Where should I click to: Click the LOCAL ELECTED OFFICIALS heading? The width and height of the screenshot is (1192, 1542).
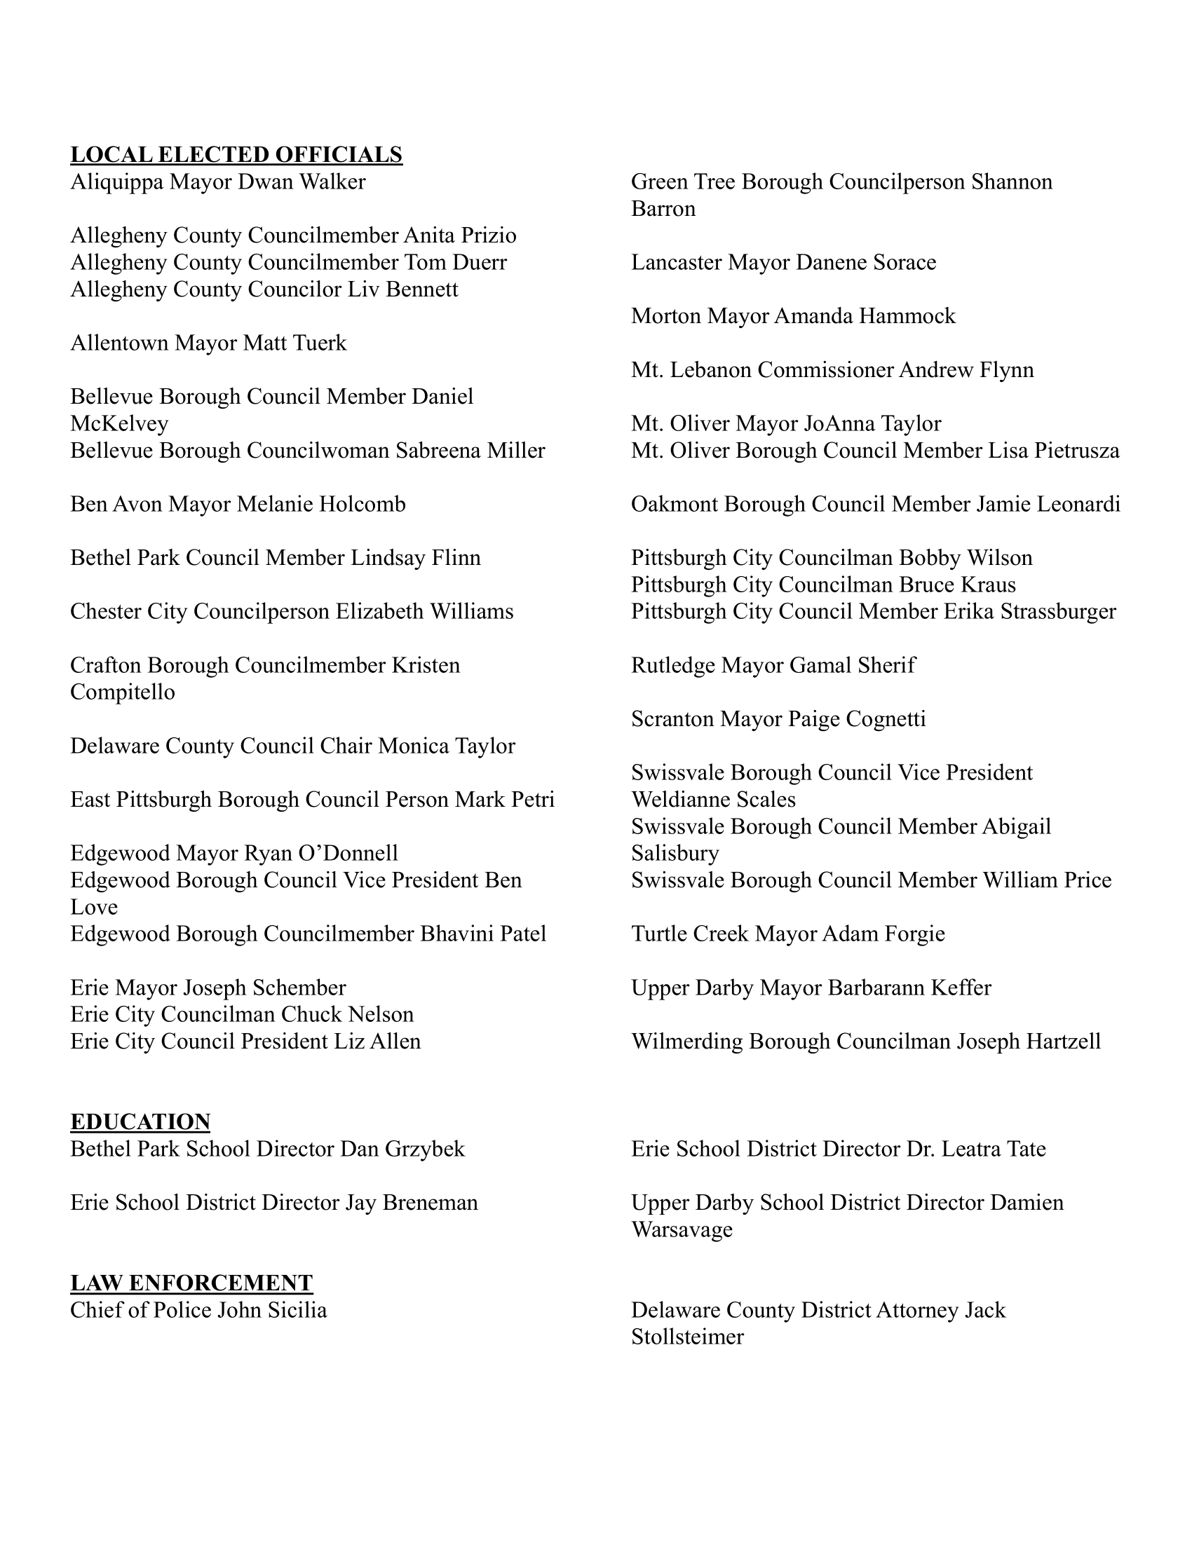click(x=236, y=155)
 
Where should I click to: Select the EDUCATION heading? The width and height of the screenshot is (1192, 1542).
click(x=140, y=1122)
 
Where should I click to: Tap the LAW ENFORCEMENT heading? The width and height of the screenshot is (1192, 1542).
click(x=191, y=1283)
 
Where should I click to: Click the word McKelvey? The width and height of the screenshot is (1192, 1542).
click(x=119, y=423)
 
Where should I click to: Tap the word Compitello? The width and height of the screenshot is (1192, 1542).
click(x=122, y=692)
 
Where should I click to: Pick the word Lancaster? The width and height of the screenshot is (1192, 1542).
click(x=677, y=263)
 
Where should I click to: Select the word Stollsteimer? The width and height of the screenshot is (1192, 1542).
click(x=687, y=1337)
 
